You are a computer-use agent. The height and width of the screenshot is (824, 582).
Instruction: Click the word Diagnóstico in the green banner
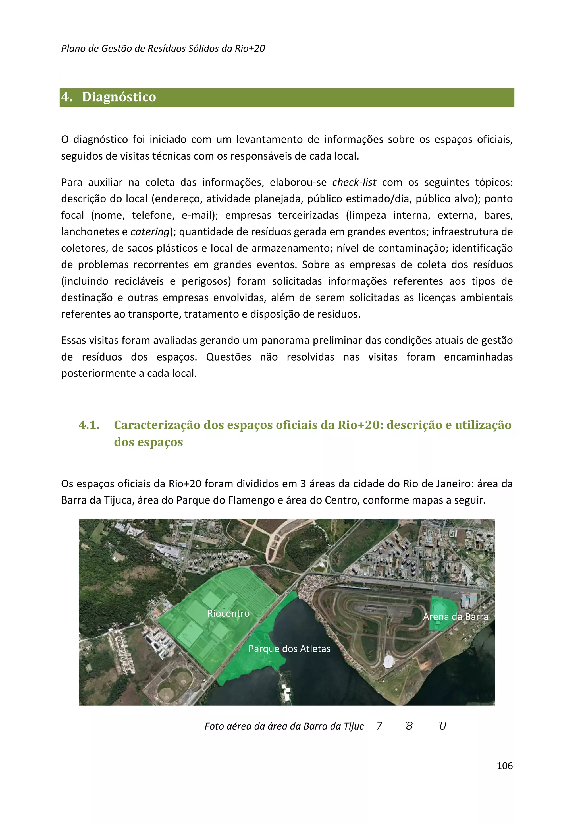click(x=119, y=97)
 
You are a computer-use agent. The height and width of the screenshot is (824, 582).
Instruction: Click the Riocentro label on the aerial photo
click(x=228, y=613)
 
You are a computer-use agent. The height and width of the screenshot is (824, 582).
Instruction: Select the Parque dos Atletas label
click(x=289, y=649)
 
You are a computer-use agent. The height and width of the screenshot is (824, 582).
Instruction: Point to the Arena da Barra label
click(x=456, y=616)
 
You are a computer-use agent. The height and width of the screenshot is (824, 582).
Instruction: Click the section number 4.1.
click(x=89, y=425)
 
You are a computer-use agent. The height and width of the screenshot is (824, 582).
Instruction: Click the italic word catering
click(x=149, y=232)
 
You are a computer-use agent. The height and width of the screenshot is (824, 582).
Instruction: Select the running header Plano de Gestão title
click(x=163, y=48)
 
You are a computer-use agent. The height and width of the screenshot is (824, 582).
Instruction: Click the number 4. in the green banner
click(x=67, y=97)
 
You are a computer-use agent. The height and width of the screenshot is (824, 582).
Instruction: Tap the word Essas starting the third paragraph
click(x=74, y=340)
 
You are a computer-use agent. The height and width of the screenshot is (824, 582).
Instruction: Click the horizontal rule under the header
click(x=286, y=73)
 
